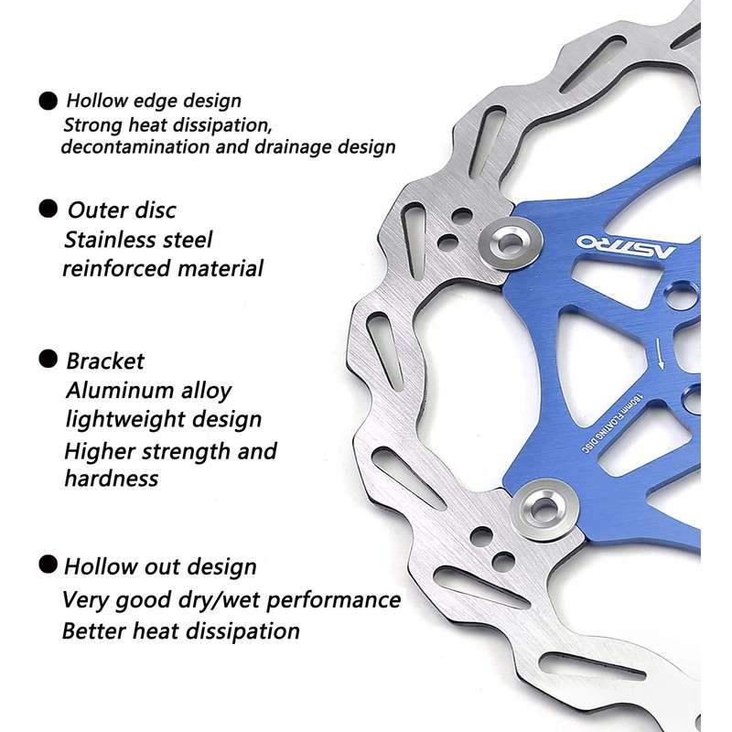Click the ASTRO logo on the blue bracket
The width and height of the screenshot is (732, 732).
point(626,246)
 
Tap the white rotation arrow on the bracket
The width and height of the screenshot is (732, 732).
point(659,354)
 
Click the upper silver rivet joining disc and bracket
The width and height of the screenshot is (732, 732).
point(511,242)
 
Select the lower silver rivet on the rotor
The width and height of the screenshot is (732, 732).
point(544,509)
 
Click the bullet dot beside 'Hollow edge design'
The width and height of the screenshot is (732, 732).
point(48,101)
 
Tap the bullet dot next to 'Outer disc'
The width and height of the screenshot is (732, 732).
point(48,209)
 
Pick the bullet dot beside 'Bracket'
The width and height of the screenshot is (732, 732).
point(48,359)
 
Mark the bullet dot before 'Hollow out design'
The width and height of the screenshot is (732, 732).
point(48,565)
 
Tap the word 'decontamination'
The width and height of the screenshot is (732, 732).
point(135,146)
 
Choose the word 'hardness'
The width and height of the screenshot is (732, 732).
point(112,478)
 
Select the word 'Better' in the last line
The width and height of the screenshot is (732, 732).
point(94,630)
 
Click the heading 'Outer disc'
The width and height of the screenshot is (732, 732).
point(122,210)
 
